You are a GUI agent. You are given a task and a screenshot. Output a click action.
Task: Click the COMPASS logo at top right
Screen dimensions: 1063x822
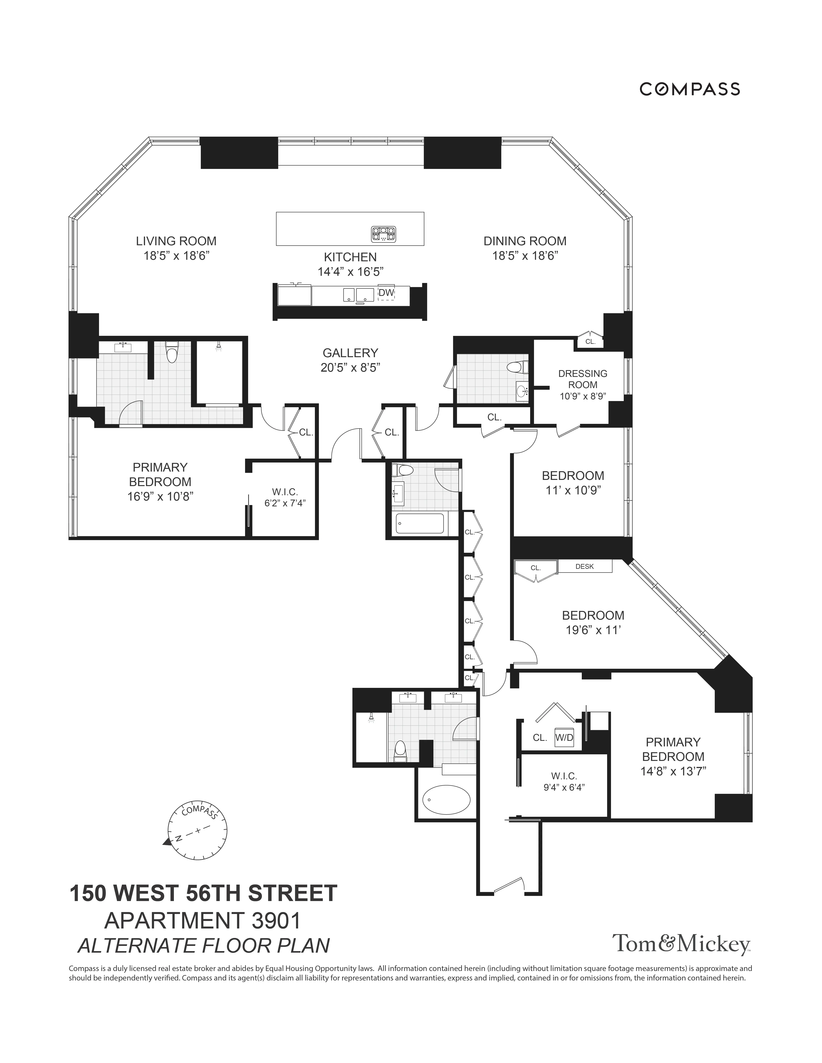(690, 89)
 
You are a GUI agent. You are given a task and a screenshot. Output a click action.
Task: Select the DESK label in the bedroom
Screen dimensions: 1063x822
(584, 566)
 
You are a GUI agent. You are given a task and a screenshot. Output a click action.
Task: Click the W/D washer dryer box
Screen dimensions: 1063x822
(564, 737)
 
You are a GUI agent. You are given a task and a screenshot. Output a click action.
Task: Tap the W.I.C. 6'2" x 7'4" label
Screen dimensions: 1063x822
(285, 497)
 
